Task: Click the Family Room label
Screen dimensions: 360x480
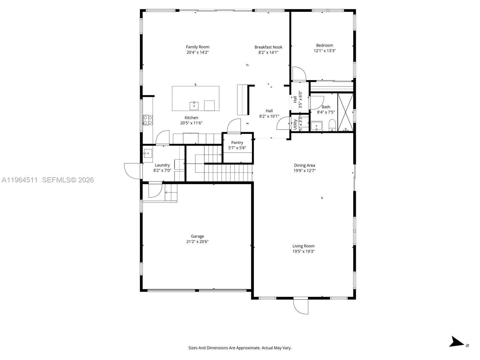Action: pyautogui.click(x=197, y=47)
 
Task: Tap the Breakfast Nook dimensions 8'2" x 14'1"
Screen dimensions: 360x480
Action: pyautogui.click(x=268, y=52)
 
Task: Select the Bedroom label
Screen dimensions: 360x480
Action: pyautogui.click(x=324, y=45)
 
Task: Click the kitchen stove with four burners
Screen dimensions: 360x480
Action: pyautogui.click(x=148, y=120)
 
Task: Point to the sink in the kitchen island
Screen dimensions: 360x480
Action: pyautogui.click(x=194, y=106)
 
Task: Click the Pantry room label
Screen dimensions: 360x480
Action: pyautogui.click(x=237, y=142)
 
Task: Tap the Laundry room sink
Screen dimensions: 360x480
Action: pyautogui.click(x=148, y=154)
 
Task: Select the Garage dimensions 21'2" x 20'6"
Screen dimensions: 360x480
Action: pyautogui.click(x=197, y=241)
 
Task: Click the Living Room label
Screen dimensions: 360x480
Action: pyautogui.click(x=303, y=246)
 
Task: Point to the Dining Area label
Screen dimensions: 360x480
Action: pyautogui.click(x=304, y=165)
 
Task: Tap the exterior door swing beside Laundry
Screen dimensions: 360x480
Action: pyautogui.click(x=132, y=171)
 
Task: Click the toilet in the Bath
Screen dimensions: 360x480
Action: pyautogui.click(x=332, y=125)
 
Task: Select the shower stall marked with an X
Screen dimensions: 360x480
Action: pyautogui.click(x=345, y=112)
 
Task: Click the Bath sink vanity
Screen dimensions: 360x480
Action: pyautogui.click(x=316, y=126)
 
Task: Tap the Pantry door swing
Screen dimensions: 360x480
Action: pyautogui.click(x=234, y=126)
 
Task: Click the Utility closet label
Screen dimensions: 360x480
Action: pyautogui.click(x=295, y=124)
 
